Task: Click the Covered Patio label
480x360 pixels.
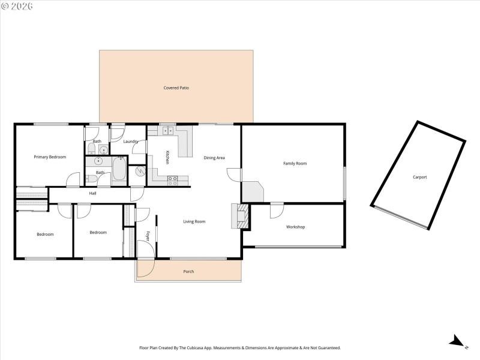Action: [176, 88]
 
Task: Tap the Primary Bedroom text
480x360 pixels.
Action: [50, 157]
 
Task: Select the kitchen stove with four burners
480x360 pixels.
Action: [172, 179]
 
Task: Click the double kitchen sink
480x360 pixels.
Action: [167, 130]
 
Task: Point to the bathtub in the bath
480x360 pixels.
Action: [119, 170]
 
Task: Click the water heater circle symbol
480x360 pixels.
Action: [140, 172]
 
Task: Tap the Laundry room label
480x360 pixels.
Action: [131, 142]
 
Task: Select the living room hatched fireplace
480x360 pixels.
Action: [242, 216]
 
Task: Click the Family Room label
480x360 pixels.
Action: [295, 163]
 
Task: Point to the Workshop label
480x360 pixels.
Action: [295, 227]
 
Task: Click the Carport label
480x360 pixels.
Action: [419, 177]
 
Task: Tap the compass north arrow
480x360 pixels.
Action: [458, 342]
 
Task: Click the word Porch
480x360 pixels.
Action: [188, 272]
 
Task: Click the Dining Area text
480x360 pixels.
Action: [214, 158]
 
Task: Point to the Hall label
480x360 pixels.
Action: [92, 193]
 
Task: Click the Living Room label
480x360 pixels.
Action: [194, 221]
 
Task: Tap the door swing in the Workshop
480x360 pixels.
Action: [277, 211]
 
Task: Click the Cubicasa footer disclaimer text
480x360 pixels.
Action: [240, 347]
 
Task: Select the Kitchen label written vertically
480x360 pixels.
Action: [167, 157]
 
